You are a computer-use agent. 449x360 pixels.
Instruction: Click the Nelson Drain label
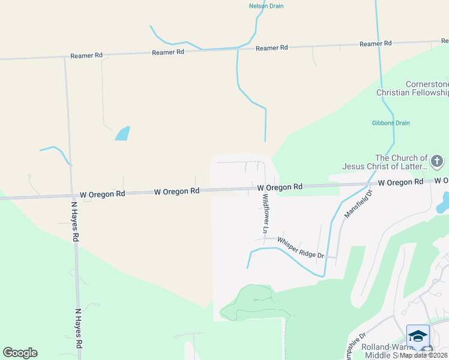[x=266, y=6]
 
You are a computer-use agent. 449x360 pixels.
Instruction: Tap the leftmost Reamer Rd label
[x=86, y=55]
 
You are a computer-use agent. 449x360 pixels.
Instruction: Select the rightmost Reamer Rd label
[x=375, y=43]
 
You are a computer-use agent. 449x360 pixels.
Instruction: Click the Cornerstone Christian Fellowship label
[x=412, y=89]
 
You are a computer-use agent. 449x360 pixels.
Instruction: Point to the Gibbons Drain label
[x=390, y=123]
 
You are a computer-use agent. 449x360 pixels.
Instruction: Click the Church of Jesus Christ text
[x=385, y=162]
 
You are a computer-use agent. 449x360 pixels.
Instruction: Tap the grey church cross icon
[x=437, y=161]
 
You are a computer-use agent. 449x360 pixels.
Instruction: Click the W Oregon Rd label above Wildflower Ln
[x=280, y=188]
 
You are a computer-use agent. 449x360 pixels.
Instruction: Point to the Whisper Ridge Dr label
[x=300, y=247]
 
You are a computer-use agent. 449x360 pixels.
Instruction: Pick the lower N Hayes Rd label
[x=78, y=329]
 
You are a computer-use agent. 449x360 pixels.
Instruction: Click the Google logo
[x=20, y=353]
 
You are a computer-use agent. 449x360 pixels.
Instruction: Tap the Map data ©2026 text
[x=424, y=355]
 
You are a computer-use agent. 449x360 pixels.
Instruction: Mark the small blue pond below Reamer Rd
[x=122, y=133]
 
